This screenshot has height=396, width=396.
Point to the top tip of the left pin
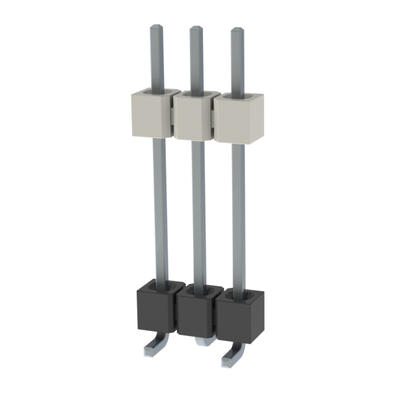[x=155, y=28]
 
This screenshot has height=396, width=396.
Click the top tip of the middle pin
[x=196, y=30]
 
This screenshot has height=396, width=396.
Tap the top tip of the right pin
[x=237, y=31]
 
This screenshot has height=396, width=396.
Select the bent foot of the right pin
[x=228, y=358]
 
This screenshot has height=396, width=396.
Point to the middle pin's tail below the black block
[x=201, y=342]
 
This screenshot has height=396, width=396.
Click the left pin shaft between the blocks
[x=160, y=204]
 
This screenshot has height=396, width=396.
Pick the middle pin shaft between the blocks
[x=199, y=210]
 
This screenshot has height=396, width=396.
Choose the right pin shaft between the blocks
[x=239, y=213]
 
